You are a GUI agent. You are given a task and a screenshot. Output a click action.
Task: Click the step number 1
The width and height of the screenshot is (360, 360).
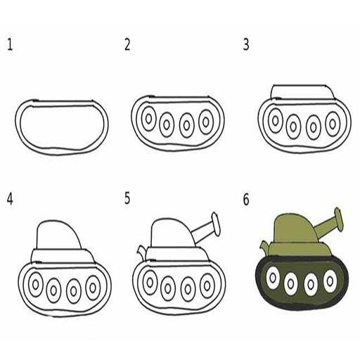coord(10,46)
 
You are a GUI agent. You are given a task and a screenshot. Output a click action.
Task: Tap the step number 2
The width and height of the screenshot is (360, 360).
coord(127,46)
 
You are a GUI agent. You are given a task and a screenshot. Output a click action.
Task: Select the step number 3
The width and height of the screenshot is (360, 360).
coord(246,46)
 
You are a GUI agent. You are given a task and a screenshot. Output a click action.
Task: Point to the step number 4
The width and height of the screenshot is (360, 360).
coord(10,199)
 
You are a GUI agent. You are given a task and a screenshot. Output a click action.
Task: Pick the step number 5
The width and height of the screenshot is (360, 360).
coord(127,199)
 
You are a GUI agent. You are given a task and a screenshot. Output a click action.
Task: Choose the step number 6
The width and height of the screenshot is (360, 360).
coord(246,200)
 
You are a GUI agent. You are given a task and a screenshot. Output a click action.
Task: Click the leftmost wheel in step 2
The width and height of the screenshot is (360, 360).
coord(148,119)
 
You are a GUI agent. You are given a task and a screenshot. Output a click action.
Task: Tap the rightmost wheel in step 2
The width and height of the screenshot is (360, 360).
coord(206,122)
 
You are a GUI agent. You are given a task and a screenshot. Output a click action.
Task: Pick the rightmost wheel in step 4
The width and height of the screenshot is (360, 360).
coord(93,287)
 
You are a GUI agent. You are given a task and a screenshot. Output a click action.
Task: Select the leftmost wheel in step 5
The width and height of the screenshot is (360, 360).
coord(149,282)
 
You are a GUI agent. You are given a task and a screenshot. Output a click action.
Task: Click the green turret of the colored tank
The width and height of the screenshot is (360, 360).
coord(292,229)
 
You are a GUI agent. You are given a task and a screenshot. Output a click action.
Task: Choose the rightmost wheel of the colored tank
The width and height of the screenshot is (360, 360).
coord(329,281)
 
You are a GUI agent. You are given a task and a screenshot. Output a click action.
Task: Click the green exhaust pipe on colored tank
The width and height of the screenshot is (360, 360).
coord(264,247)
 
